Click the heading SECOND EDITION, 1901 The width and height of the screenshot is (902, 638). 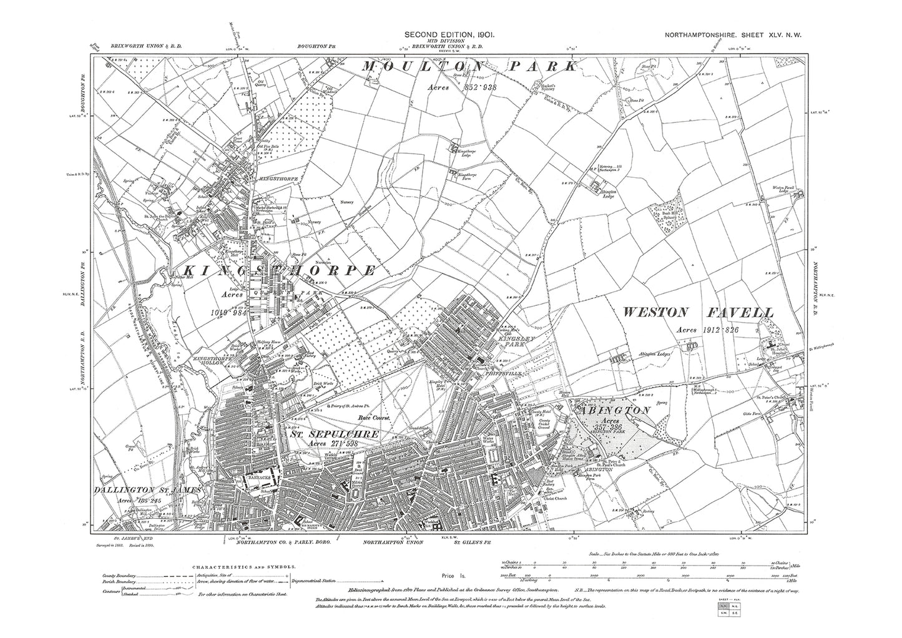449,36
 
